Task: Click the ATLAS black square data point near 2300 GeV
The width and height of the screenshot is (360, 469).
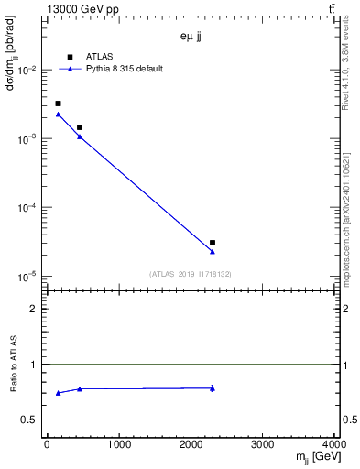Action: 213,243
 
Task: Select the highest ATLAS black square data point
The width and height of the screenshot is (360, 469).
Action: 58,104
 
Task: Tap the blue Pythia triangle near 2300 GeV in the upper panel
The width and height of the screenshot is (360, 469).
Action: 213,251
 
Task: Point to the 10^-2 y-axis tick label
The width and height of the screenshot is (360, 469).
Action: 27,71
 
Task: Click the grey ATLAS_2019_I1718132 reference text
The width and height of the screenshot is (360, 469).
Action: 191,274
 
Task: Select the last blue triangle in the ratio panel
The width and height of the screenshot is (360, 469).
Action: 213,388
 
